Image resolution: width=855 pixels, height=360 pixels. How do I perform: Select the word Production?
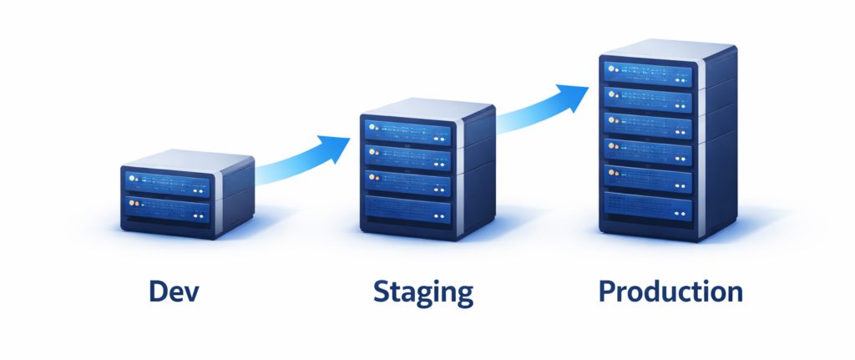[670, 292]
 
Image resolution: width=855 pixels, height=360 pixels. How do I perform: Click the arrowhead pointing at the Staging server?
[338, 147]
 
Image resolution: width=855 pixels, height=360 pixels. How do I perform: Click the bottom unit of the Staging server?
[407, 209]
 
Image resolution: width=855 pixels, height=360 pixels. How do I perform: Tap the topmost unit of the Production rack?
[647, 74]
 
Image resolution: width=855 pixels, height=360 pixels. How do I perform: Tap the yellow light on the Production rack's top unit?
[610, 68]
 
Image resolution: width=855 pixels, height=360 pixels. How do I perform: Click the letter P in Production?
[608, 292]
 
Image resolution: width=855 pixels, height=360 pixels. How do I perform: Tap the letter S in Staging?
[382, 292]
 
